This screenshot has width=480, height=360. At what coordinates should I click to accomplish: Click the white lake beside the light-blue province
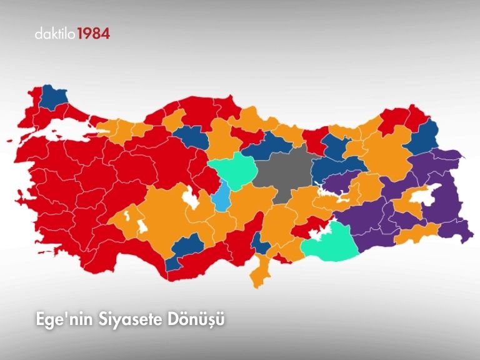click(x=190, y=199)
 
